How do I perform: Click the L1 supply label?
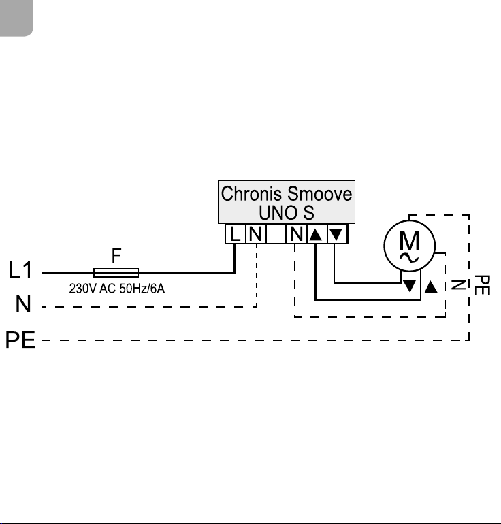point(20,269)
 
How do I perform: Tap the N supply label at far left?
point(23,304)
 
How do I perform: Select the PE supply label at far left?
point(20,340)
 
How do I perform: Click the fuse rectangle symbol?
point(116,273)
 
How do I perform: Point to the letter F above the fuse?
point(116,256)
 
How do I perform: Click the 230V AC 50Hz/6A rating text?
point(116,289)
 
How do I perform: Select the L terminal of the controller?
point(236,233)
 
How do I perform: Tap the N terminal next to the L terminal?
point(256,233)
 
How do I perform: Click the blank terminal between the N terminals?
point(276,233)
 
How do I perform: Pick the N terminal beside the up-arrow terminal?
point(297,233)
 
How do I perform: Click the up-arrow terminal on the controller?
point(316,233)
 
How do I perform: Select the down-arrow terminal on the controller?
point(336,233)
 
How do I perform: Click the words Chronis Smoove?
point(287,194)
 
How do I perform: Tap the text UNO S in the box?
point(287,212)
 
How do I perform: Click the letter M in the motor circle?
point(409,240)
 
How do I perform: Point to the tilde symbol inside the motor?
point(409,258)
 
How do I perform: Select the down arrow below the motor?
point(409,286)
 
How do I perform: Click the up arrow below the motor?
point(431,286)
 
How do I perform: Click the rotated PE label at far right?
point(482,285)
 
